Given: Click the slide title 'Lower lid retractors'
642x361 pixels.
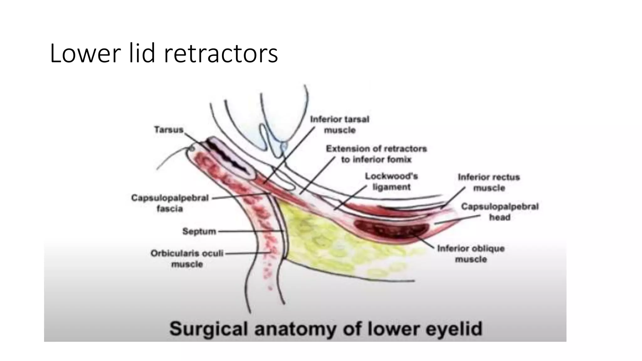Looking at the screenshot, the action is (x=164, y=54).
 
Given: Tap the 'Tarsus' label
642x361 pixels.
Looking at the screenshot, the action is (x=169, y=130).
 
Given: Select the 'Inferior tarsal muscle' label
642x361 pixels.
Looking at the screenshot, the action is (x=340, y=125).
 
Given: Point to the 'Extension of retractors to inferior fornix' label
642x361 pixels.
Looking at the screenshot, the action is (x=376, y=154).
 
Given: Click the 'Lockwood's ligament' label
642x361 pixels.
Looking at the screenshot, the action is (x=392, y=181).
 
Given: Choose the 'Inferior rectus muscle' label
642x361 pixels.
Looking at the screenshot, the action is (x=489, y=182).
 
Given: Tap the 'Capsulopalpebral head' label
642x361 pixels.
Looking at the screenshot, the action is (x=500, y=212).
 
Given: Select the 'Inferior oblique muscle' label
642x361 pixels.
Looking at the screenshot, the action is (x=471, y=254).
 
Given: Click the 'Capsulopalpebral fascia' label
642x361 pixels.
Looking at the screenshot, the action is (x=170, y=203).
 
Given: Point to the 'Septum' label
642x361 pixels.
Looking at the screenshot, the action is (x=199, y=232).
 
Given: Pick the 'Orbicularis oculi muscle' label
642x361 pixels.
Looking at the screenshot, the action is (x=187, y=259).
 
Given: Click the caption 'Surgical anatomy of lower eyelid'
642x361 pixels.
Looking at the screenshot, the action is (x=326, y=329).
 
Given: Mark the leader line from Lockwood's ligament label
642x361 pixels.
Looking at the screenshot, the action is (x=350, y=197).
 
